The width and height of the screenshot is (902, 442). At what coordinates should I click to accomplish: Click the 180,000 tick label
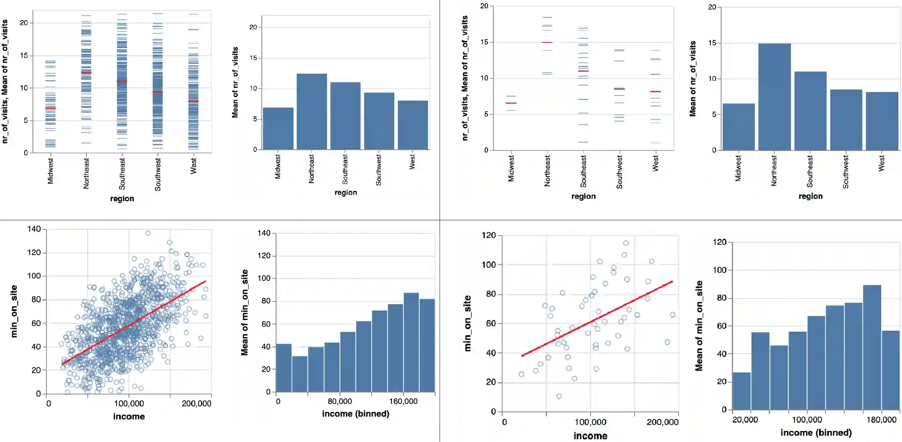pos(881,420)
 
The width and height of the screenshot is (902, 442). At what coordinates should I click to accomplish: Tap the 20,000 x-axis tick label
pos(745,420)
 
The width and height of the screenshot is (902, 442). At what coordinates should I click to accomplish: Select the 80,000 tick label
pos(340,401)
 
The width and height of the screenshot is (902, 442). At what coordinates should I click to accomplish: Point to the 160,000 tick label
pos(403,401)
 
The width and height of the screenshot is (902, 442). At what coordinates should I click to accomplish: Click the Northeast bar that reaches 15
pos(774,97)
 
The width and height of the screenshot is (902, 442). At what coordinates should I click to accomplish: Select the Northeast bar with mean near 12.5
pos(312,111)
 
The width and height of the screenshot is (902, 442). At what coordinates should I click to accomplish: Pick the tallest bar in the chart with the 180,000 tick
pos(872,347)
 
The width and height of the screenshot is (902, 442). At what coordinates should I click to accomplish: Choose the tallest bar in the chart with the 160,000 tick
pos(411,342)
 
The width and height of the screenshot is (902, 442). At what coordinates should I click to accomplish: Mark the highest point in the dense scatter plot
pos(148,233)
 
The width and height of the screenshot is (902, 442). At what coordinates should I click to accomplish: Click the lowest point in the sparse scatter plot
pos(559,396)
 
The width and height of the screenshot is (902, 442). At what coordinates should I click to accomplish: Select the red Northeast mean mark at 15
pos(547,42)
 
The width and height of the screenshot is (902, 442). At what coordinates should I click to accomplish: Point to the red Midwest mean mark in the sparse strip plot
pos(511,103)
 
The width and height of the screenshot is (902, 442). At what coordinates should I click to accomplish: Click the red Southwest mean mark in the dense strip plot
pos(157,92)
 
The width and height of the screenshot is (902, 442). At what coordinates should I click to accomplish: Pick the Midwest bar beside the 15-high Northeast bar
pos(739,127)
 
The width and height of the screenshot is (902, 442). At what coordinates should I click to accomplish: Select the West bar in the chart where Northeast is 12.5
pos(413,125)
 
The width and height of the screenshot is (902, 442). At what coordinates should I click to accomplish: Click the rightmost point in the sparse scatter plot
pos(672,315)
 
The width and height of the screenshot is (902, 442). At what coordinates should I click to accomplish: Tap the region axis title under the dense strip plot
pos(122,198)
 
